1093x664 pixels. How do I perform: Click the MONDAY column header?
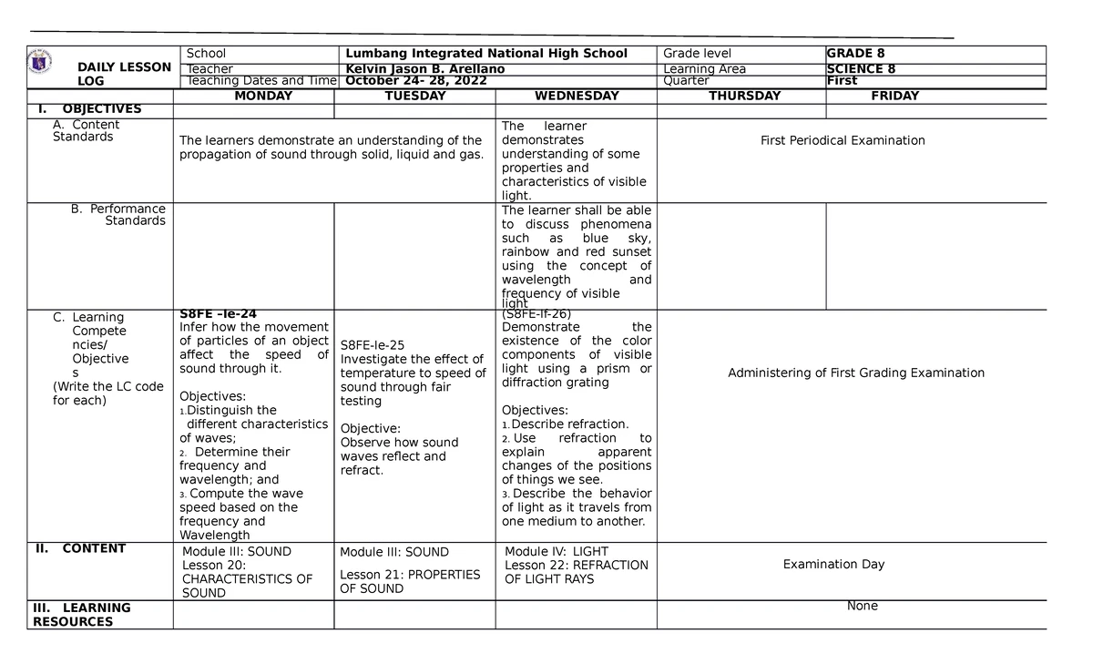263,96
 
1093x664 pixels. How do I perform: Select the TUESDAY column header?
414,96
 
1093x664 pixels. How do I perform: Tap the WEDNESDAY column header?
577,96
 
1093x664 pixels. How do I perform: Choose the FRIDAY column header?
894,96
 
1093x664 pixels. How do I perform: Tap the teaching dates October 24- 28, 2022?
414,81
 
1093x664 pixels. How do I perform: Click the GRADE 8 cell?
855,54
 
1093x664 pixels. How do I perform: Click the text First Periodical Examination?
843,140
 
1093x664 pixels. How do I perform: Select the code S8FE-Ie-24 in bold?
218,313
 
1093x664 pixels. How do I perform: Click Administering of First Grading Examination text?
855,373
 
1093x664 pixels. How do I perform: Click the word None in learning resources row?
862,606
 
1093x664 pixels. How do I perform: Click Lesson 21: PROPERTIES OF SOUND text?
409,581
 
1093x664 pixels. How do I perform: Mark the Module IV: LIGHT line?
556,551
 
